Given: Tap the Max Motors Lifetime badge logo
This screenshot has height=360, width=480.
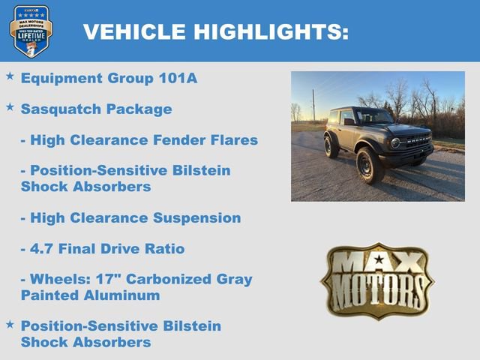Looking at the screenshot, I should point(31,31).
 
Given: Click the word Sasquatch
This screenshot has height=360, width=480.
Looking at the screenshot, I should point(55,109).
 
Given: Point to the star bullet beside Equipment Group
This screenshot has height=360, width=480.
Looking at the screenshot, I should point(10,76).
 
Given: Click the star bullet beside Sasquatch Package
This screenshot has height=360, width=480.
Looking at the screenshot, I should point(10,107).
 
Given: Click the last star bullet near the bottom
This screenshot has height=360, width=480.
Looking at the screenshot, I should point(10,324).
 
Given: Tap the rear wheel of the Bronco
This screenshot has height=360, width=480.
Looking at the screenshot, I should point(331,145).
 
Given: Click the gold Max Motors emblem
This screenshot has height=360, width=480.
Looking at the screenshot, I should point(377,280).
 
